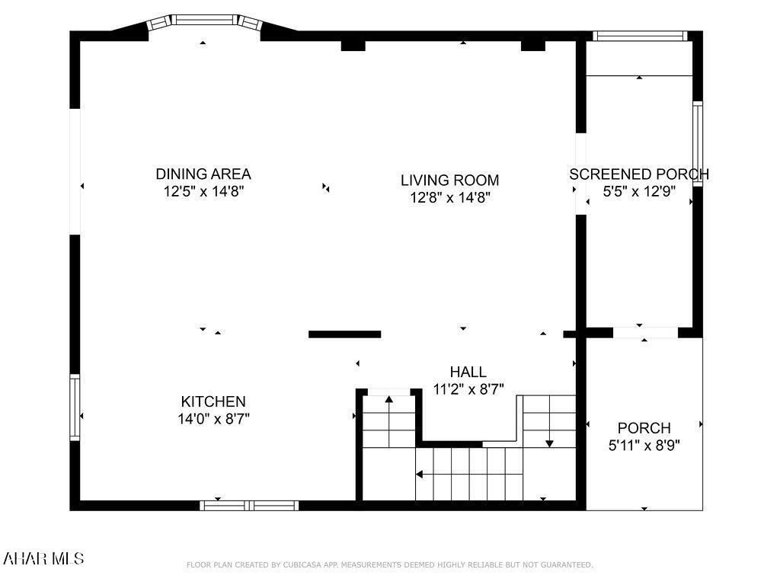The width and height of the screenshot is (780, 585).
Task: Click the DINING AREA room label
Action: pyautogui.click(x=203, y=174)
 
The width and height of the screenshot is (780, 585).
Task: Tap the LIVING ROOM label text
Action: pyautogui.click(x=449, y=180)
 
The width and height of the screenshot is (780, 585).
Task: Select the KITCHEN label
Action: pyautogui.click(x=213, y=401)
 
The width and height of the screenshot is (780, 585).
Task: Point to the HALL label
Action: pyautogui.click(x=468, y=372)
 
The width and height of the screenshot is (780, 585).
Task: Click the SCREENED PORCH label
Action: pyautogui.click(x=638, y=174)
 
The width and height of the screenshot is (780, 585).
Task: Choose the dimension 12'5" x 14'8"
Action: pyautogui.click(x=203, y=192)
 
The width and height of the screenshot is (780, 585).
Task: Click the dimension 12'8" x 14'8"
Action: pyautogui.click(x=449, y=198)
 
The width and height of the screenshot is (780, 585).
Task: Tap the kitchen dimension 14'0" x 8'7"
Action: pyautogui.click(x=213, y=418)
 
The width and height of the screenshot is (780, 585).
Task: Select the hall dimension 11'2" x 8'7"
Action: pyautogui.click(x=468, y=388)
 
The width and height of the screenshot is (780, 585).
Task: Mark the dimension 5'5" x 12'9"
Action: pyautogui.click(x=638, y=191)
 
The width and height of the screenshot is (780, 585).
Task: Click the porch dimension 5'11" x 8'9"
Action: pyautogui.click(x=644, y=445)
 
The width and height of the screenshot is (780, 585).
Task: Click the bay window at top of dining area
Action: pyautogui.click(x=203, y=19)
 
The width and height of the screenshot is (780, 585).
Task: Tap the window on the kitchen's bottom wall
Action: pyautogui.click(x=249, y=505)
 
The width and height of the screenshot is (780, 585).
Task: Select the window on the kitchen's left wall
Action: pyautogui.click(x=75, y=407)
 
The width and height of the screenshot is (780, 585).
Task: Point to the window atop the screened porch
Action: pyautogui.click(x=640, y=35)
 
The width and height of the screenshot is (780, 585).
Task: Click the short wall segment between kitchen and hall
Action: pyautogui.click(x=344, y=334)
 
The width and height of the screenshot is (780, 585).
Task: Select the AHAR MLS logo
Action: pyautogui.click(x=43, y=559)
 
